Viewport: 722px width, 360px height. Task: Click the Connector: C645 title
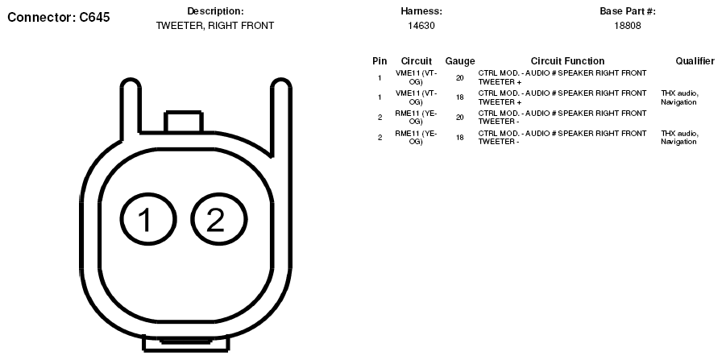(x=59, y=18)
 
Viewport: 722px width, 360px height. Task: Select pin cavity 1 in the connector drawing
(x=148, y=219)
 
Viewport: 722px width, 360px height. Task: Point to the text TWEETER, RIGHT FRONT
(x=215, y=26)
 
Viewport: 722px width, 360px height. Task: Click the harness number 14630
(x=421, y=26)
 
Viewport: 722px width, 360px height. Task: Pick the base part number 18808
(x=628, y=26)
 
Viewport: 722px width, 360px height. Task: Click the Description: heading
(x=215, y=11)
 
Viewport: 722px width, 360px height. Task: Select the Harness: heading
(x=421, y=11)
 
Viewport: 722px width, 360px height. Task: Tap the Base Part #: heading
(x=628, y=11)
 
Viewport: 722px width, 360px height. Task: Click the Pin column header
(x=380, y=61)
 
